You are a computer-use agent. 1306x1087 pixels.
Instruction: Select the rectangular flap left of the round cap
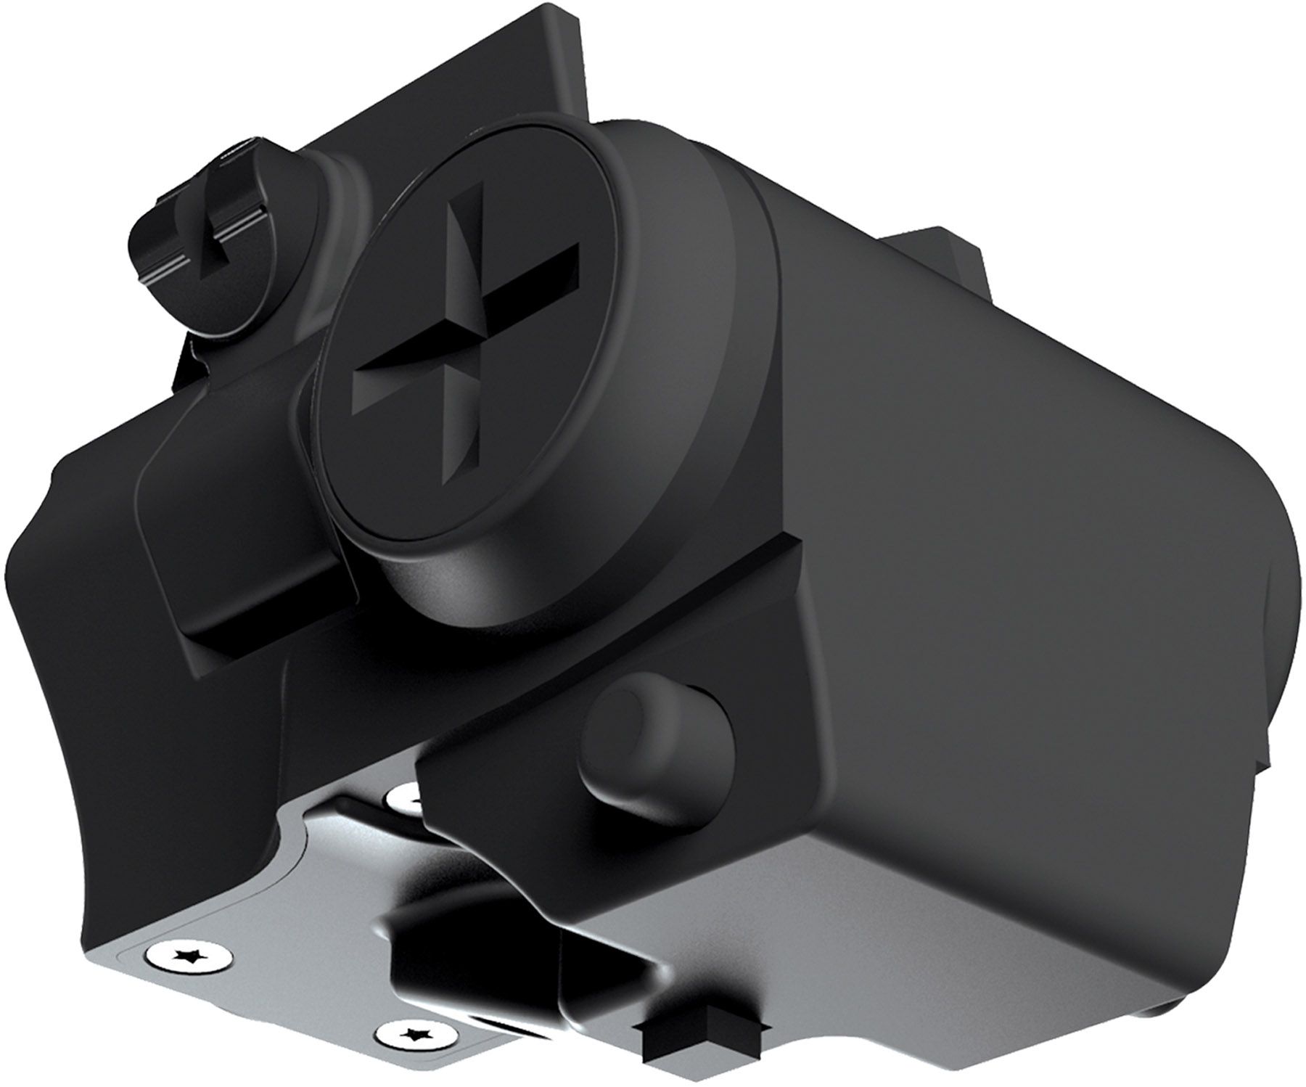pos(239,508)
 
